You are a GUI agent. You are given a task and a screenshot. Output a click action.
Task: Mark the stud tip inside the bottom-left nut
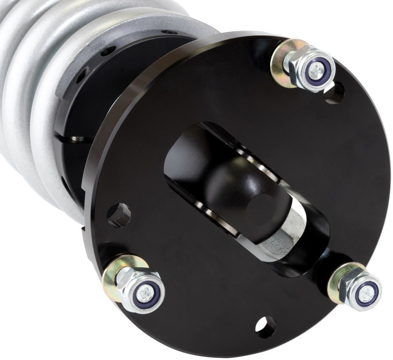(x=146, y=295)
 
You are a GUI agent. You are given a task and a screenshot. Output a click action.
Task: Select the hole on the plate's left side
(x=119, y=215)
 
